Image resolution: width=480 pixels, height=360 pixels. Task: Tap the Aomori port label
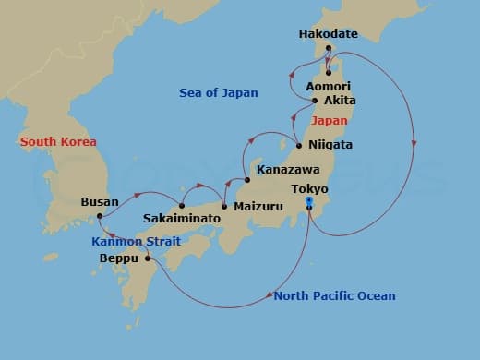[x=328, y=86]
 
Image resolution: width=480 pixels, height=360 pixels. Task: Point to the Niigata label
[x=329, y=145]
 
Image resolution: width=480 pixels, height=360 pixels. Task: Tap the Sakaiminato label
[x=182, y=219]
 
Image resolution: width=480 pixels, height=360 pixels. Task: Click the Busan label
[x=100, y=200]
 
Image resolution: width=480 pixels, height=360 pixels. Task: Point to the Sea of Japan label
[x=219, y=92]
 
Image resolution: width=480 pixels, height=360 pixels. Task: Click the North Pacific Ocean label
[x=334, y=295]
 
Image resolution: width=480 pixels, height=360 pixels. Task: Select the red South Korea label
[x=59, y=141]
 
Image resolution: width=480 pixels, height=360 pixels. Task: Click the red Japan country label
[x=330, y=120]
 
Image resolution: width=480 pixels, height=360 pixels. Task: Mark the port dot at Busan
[x=99, y=217]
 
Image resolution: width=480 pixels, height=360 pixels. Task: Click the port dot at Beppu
[x=146, y=258]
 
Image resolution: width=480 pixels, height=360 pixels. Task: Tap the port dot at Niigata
[x=299, y=145]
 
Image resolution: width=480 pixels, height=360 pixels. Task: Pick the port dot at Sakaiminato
[x=182, y=205]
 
